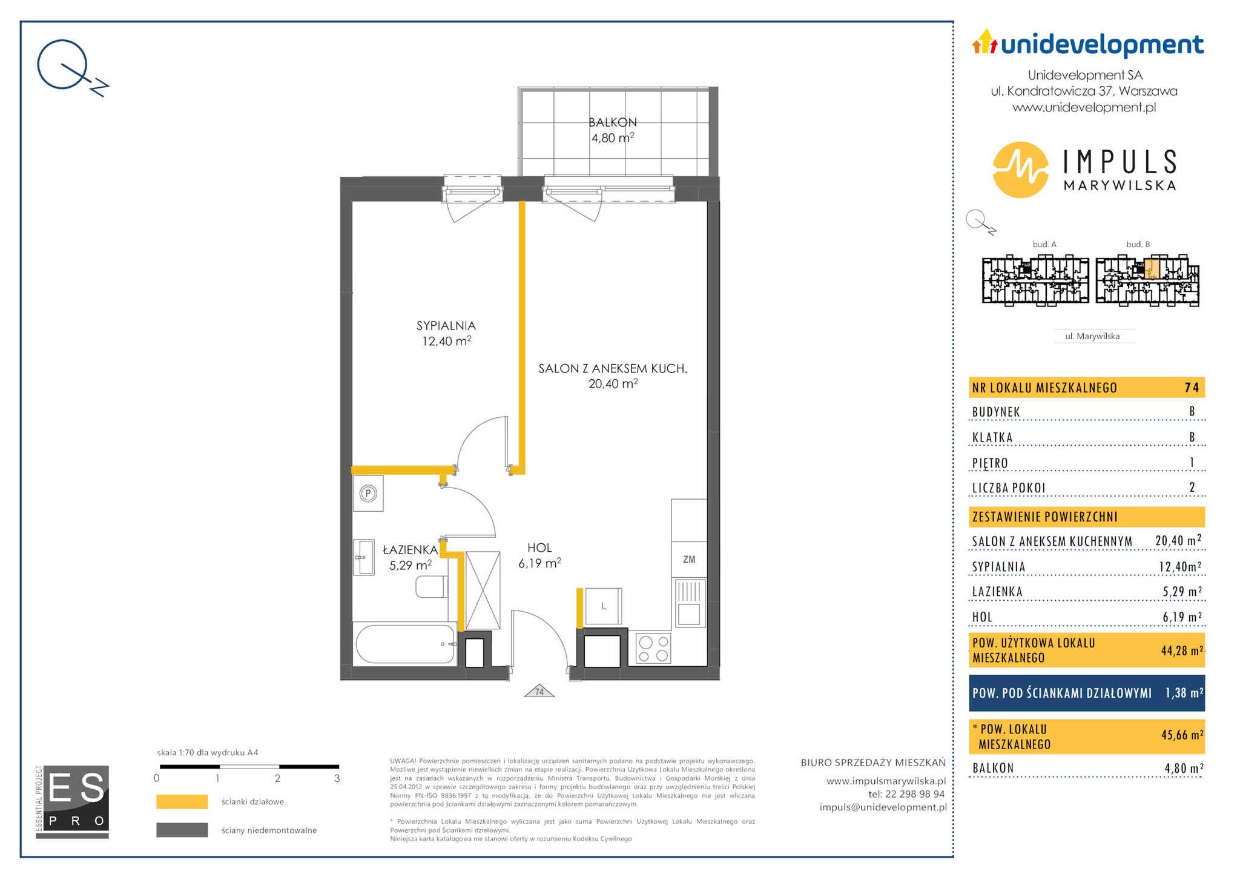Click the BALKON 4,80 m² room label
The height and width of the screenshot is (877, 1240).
(613, 130)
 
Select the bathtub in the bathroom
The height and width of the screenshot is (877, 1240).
(405, 644)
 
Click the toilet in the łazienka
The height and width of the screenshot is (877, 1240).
(432, 586)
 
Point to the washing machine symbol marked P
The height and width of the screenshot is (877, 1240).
(368, 494)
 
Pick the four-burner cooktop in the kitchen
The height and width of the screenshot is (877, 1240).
(653, 648)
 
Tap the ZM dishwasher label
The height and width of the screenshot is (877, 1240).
(689, 560)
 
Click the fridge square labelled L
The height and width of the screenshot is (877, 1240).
(603, 606)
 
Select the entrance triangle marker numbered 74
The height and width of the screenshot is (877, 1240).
(539, 691)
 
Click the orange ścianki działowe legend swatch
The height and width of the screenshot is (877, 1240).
(182, 801)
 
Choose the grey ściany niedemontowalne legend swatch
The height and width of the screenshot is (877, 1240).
(182, 830)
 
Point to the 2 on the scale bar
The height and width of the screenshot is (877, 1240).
(277, 778)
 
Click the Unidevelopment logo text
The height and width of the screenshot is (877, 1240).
(1102, 44)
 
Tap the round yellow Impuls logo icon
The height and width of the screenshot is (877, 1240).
(1021, 170)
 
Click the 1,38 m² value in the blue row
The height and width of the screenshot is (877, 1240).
(1184, 692)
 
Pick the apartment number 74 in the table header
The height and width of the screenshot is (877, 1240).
(1192, 388)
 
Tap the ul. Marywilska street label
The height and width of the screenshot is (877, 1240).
(1092, 336)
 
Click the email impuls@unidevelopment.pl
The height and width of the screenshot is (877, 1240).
(883, 807)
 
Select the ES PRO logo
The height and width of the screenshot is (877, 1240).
(73, 802)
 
